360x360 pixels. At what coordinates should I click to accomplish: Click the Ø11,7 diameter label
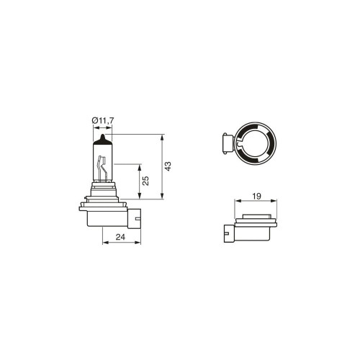point(102,120)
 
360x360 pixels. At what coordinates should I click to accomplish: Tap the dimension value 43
point(168,166)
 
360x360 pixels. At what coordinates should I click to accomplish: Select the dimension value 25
point(145,181)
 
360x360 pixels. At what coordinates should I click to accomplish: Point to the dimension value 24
point(120,237)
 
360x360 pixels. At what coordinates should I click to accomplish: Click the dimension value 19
point(256,197)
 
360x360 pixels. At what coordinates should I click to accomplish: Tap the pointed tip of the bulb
point(102,135)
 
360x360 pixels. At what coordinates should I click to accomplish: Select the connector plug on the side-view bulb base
point(135,218)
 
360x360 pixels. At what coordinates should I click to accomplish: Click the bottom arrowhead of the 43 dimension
point(162,196)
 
